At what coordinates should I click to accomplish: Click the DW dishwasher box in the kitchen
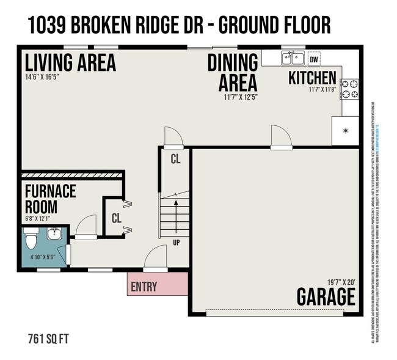[x=314, y=59]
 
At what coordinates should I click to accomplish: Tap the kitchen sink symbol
[x=293, y=59]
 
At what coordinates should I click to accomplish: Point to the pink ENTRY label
[x=144, y=287]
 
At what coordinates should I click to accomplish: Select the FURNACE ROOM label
[x=50, y=199]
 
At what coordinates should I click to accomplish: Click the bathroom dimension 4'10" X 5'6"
[x=43, y=257]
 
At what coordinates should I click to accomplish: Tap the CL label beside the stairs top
[x=175, y=160]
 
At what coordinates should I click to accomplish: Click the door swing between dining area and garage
[x=280, y=136]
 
